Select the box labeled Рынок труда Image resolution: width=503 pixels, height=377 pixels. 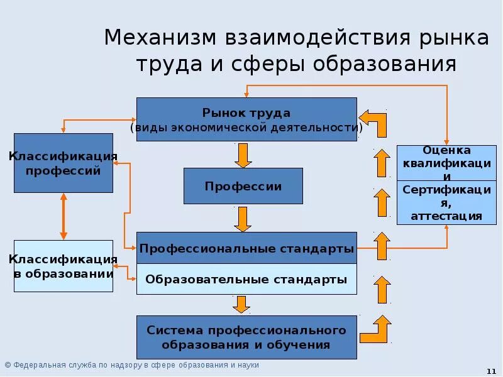[246, 119]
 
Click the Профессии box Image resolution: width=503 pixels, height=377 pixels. [243, 186]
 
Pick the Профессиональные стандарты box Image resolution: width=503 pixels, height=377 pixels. [246, 249]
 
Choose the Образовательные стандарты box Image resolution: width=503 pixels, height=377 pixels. [246, 280]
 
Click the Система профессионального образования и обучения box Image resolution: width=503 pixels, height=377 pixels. [246, 337]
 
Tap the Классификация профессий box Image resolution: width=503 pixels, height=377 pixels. [64, 163]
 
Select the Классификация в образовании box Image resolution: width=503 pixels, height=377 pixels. [64, 266]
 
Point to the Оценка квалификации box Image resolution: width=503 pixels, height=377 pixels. [447, 162]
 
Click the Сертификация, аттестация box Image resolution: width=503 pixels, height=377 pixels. [447, 202]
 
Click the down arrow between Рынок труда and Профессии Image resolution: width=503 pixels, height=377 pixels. [243, 155]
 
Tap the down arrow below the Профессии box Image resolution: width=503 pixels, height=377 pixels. [243, 219]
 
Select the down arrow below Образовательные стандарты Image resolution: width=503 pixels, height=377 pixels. [241, 304]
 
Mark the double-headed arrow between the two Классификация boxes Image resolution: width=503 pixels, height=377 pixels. [63, 216]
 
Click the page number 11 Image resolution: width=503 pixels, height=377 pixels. [491, 371]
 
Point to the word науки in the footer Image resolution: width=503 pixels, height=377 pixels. [248, 365]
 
